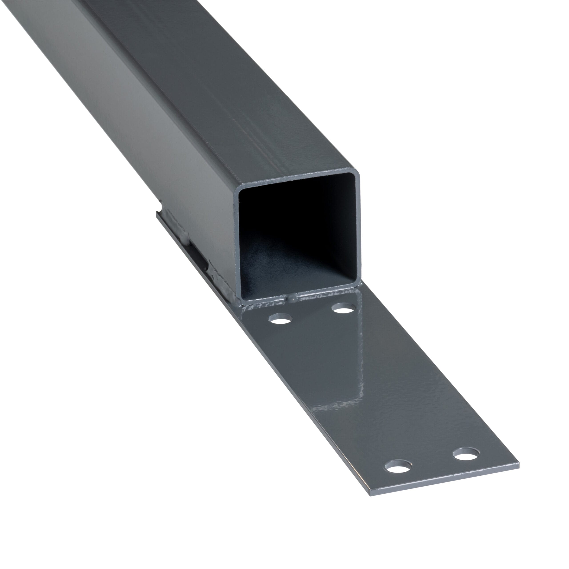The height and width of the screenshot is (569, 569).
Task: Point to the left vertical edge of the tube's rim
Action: tap(237, 244)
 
